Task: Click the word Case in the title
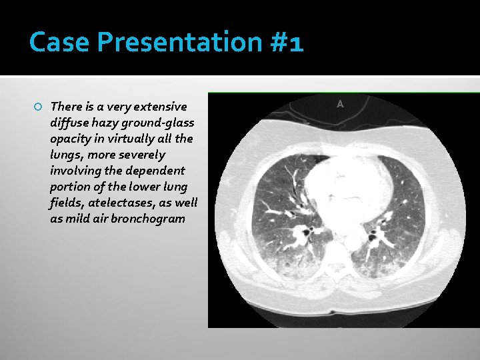[x=59, y=43]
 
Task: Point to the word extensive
[x=160, y=107]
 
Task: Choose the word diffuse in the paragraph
[x=68, y=123]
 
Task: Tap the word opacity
[x=70, y=139]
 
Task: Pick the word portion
[x=70, y=187]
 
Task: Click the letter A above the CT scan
[x=340, y=104]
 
